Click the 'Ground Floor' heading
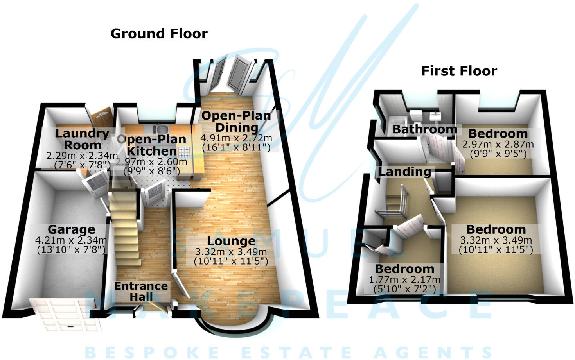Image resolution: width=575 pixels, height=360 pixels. click(159, 34)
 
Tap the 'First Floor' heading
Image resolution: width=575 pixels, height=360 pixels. click(459, 71)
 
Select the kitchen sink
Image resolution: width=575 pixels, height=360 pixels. click(160, 129)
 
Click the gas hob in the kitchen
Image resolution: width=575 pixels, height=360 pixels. click(184, 152)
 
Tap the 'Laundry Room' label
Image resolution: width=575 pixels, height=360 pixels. click(82, 139)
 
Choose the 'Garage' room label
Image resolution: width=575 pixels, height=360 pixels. click(71, 229)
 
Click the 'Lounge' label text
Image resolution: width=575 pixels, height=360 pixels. click(231, 241)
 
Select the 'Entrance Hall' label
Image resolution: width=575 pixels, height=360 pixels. click(141, 291)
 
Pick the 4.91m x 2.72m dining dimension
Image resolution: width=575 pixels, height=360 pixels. click(236, 138)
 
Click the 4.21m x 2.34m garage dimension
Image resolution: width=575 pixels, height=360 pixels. click(71, 240)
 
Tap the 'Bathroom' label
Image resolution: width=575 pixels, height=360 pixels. click(424, 129)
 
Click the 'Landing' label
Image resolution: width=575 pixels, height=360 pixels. click(404, 172)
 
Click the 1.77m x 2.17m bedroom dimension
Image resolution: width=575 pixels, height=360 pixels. click(404, 280)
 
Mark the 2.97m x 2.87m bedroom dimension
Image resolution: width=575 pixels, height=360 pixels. click(498, 144)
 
